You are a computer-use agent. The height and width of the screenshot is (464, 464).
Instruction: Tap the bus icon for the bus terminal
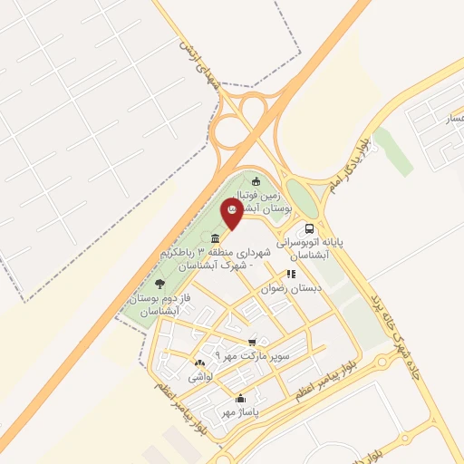[x=310, y=229]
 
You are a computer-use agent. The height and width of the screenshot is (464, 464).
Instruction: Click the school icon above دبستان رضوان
[x=290, y=273]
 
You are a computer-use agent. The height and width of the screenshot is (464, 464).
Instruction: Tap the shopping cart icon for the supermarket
[x=252, y=342]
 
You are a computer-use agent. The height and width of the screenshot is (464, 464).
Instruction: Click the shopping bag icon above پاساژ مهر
[x=239, y=398]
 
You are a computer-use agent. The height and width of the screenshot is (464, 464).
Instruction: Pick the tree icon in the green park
[x=160, y=284]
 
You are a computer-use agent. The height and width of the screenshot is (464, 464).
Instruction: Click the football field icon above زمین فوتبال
[x=256, y=180]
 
